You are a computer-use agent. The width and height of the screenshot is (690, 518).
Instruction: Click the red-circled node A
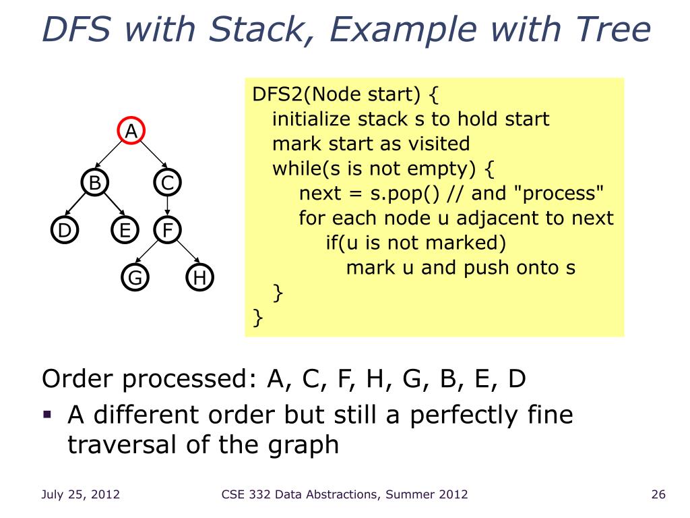[x=132, y=131]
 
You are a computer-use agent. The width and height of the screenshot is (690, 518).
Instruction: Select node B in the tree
[x=95, y=182]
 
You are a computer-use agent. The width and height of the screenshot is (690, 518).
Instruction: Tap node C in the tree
[x=167, y=182]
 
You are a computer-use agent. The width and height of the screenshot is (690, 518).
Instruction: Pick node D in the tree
[x=64, y=231]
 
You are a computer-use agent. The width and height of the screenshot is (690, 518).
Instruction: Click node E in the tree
[x=125, y=231]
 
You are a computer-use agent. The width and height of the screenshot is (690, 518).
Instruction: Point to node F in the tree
[x=167, y=231]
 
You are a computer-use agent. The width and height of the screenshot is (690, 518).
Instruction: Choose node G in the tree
[x=135, y=278]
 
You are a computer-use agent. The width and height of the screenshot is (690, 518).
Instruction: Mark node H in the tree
[x=199, y=278]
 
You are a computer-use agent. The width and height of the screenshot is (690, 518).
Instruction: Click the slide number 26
[x=658, y=495]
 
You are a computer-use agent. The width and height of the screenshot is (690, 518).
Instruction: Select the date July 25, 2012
[x=81, y=495]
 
